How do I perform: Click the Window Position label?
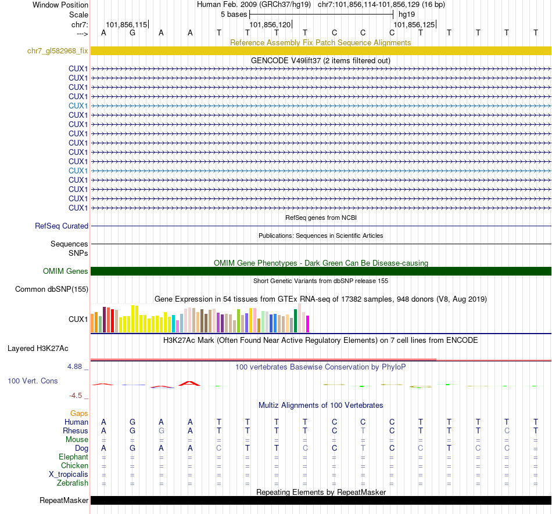click(60, 5)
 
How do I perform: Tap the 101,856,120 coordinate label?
click(270, 25)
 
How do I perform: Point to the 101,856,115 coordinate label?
click(126, 25)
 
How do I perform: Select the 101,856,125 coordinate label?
click(414, 25)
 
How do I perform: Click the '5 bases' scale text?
click(234, 15)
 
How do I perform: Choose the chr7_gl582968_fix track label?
click(58, 51)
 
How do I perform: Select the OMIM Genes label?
click(66, 272)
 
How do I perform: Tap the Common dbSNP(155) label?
click(52, 289)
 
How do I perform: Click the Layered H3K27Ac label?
click(38, 349)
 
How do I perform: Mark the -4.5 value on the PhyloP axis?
click(77, 396)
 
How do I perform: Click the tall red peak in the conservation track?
click(189, 383)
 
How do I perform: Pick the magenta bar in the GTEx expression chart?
click(308, 324)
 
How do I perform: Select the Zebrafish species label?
click(73, 483)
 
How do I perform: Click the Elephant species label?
click(74, 457)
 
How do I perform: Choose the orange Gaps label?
click(79, 413)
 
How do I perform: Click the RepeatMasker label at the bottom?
click(64, 501)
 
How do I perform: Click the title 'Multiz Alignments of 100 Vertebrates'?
click(321, 405)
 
